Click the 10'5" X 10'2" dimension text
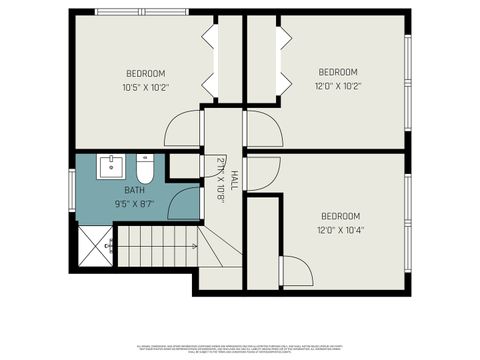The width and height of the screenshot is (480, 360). [145, 86]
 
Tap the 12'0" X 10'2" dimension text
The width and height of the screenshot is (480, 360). [338, 85]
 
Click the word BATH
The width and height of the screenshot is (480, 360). [134, 189]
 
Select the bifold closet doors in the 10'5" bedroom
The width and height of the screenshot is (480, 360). [211, 60]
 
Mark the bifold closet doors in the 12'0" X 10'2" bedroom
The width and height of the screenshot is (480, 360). [283, 60]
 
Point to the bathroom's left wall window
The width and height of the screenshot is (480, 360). [71, 189]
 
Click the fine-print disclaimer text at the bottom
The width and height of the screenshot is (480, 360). [240, 346]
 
